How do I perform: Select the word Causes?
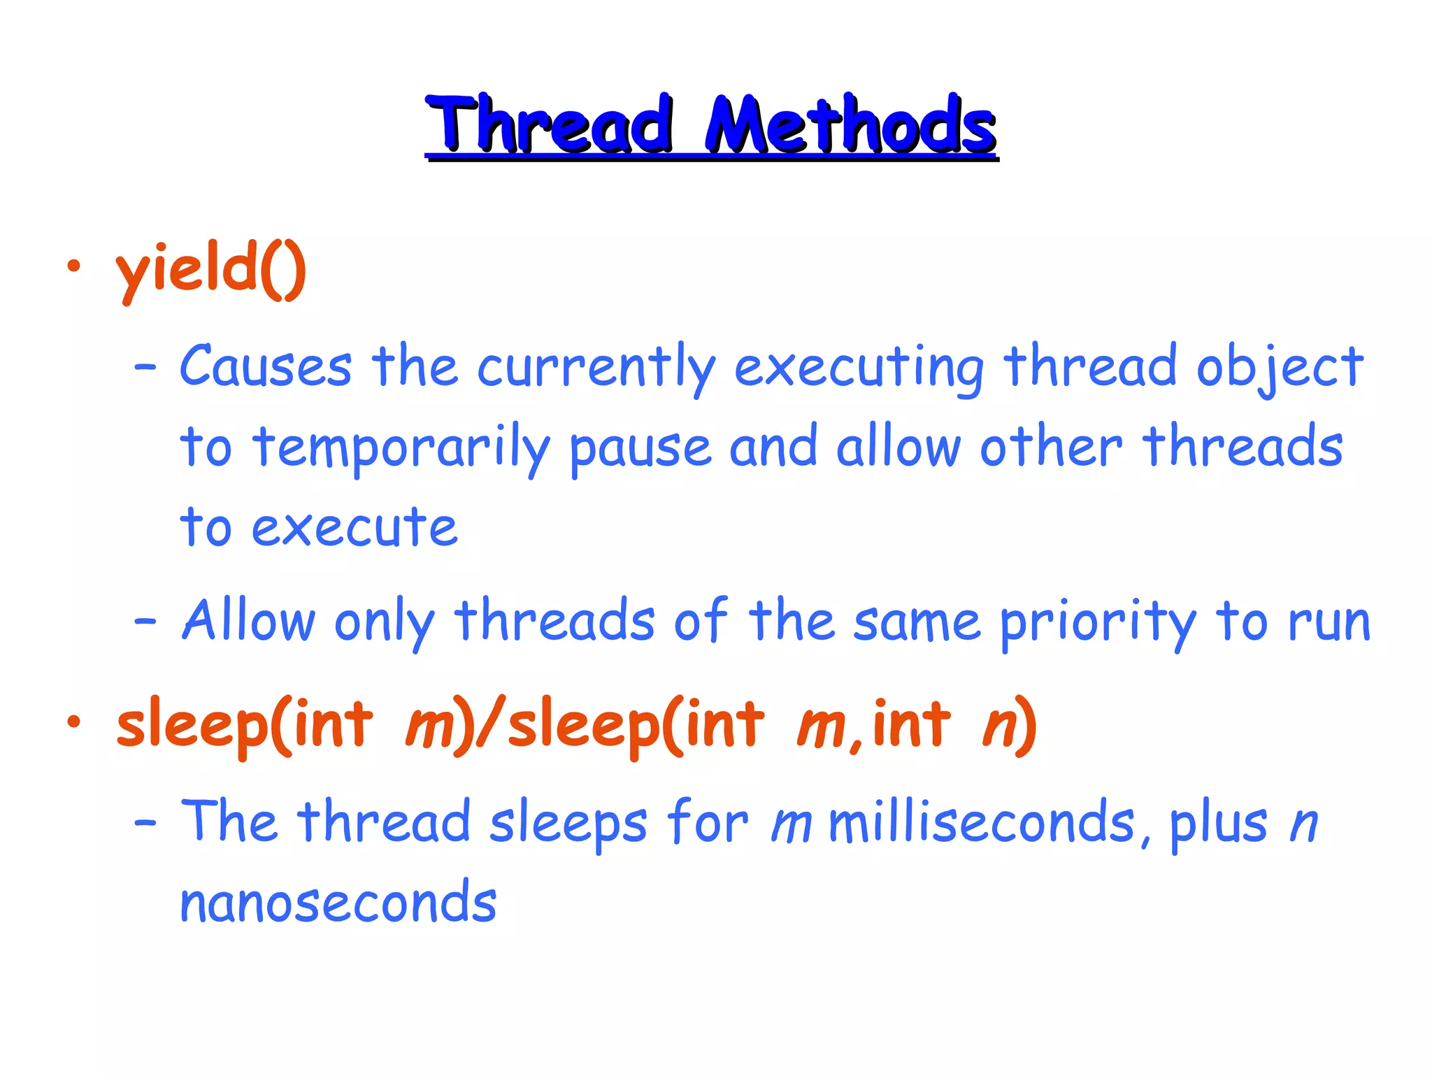266,366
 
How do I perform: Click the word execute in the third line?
355,528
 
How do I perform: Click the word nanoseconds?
338,903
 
